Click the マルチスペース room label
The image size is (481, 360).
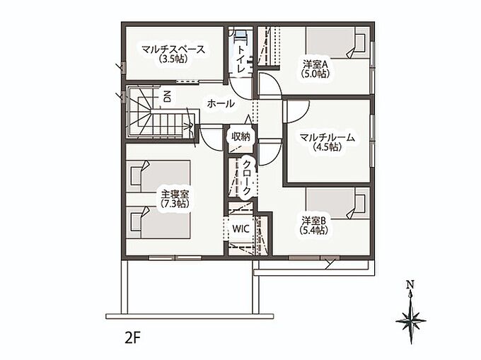(x=173, y=50)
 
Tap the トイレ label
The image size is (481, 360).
(x=241, y=59)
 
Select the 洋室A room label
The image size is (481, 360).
(x=316, y=64)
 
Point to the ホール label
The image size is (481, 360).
(x=221, y=104)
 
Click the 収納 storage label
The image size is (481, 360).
(x=240, y=137)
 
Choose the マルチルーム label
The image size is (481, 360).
(x=328, y=138)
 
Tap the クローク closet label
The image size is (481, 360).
(x=246, y=178)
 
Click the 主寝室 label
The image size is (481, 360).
(x=175, y=194)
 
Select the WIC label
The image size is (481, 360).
(x=240, y=228)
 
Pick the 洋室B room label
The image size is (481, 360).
(x=315, y=221)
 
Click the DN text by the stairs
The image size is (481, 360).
(x=167, y=97)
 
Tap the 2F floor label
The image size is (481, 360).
(x=132, y=338)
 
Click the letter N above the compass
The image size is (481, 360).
(x=410, y=284)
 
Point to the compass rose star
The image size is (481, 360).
(x=411, y=320)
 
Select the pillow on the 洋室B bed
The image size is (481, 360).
(x=359, y=203)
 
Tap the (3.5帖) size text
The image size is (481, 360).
(x=173, y=59)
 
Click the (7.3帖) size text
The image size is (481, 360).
(x=175, y=203)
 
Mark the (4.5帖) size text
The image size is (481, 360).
(x=328, y=147)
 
